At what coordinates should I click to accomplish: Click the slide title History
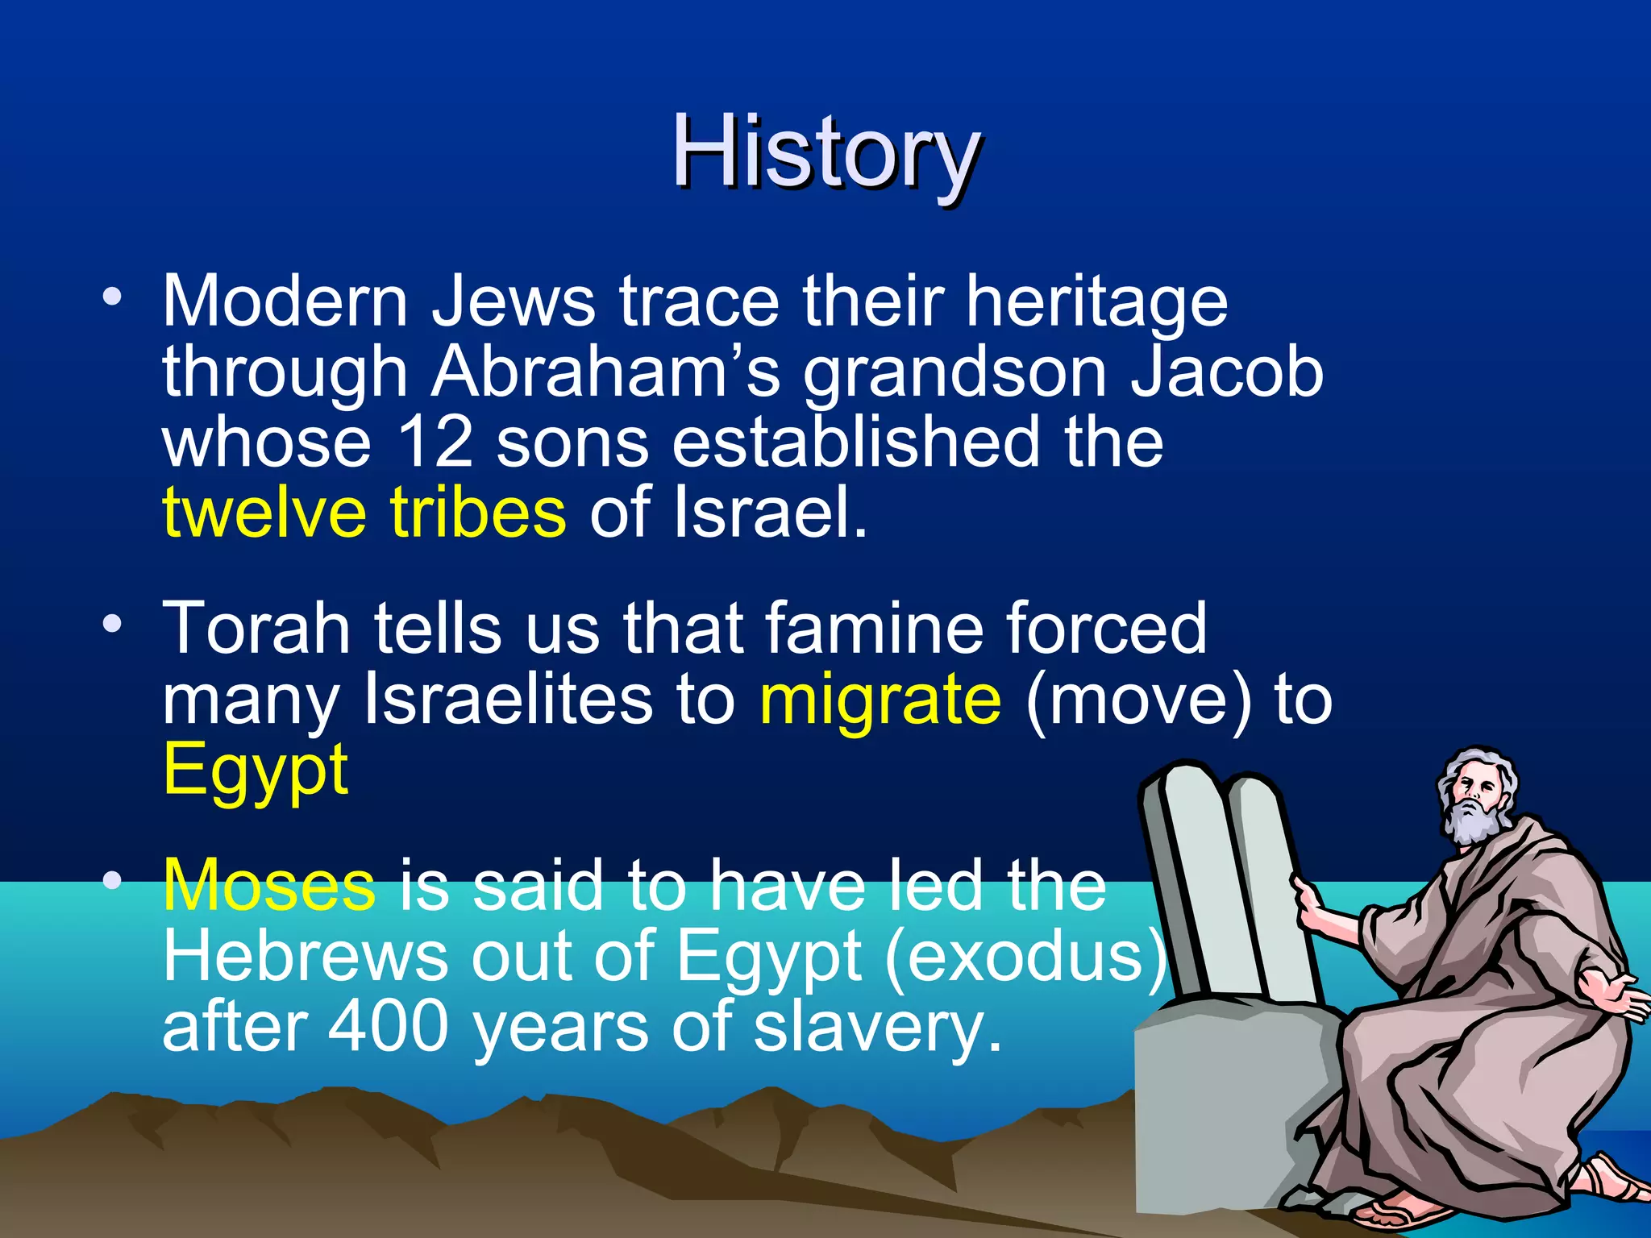point(826,153)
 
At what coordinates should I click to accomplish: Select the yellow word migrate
point(880,699)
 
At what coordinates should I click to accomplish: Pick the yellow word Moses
point(269,885)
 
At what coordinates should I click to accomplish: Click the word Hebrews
point(305,956)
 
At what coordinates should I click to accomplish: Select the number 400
point(388,1026)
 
